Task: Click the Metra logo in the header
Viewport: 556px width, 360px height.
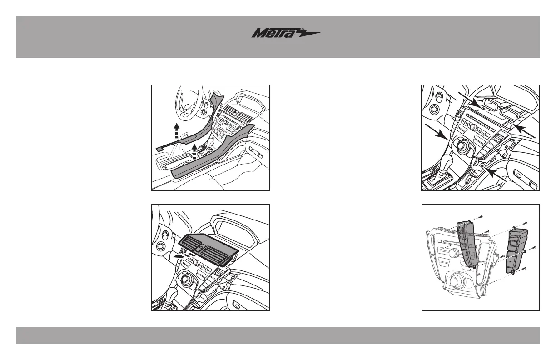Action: click(286, 34)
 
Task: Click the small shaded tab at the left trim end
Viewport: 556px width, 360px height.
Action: click(159, 149)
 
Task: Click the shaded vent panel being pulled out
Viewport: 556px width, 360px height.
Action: click(207, 248)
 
